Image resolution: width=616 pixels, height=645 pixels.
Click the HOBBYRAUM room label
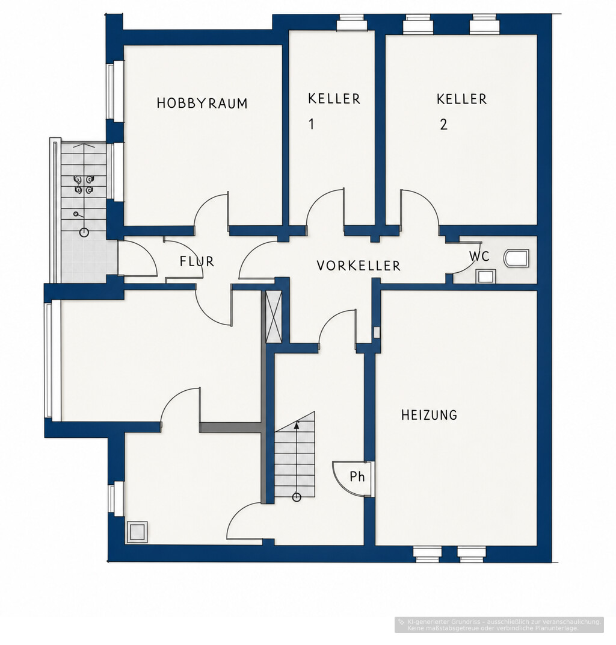(x=202, y=103)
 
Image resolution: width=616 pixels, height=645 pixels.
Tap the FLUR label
(x=197, y=261)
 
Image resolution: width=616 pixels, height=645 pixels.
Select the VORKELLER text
(x=359, y=266)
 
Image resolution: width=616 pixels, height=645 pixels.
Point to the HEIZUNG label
(x=429, y=414)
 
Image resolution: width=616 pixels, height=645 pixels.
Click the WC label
(x=479, y=256)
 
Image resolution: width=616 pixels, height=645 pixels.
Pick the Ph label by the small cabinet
(x=357, y=476)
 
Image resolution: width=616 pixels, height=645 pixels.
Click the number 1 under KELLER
(x=312, y=124)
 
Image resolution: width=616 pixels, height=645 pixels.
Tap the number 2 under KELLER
(x=443, y=124)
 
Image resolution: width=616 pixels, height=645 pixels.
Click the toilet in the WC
(x=516, y=258)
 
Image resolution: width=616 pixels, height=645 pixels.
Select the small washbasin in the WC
(x=485, y=276)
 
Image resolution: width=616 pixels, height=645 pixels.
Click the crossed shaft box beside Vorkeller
(x=274, y=316)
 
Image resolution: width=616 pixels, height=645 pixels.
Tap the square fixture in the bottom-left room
(x=137, y=532)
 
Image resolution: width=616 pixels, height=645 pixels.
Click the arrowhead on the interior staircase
(x=297, y=425)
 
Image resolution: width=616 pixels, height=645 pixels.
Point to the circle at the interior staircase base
(x=297, y=497)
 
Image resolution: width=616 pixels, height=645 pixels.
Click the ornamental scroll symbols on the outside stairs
(x=84, y=184)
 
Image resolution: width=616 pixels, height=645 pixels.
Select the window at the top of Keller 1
(x=352, y=23)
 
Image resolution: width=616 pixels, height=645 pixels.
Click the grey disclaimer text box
(x=499, y=625)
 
